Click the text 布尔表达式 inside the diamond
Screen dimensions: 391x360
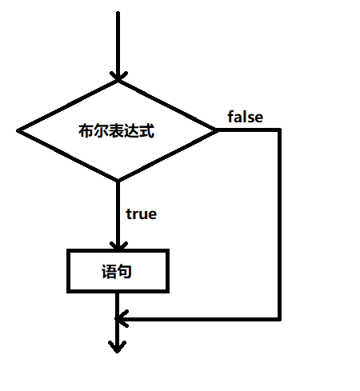(117, 130)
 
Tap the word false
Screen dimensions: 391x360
(245, 117)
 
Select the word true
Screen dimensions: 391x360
(141, 214)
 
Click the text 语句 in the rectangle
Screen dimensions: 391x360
(117, 272)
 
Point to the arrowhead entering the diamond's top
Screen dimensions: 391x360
(118, 74)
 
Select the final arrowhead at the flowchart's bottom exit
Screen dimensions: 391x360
(118, 346)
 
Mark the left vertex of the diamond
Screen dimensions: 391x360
(18, 130)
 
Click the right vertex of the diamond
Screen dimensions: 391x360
(217, 130)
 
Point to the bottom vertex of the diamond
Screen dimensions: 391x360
(118, 181)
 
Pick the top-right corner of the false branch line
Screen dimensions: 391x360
(280, 130)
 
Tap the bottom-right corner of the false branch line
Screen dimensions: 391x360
(280, 319)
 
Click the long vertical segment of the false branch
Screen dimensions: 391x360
(280, 224)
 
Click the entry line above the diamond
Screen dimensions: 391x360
(118, 40)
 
